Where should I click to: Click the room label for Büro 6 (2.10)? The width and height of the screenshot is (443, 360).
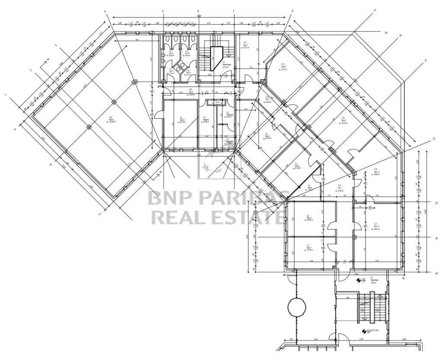[x=111, y=119]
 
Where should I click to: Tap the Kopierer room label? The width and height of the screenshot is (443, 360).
[x=206, y=119]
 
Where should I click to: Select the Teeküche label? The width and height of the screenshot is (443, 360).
[x=228, y=115]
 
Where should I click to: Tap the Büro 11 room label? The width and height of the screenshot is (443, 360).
[x=376, y=226]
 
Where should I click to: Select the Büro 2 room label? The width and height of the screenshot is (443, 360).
[x=309, y=218]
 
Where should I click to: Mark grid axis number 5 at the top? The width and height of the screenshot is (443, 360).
[x=163, y=12]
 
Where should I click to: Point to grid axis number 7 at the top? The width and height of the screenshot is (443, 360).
[x=233, y=12]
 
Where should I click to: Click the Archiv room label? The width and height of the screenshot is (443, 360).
[x=310, y=187]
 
